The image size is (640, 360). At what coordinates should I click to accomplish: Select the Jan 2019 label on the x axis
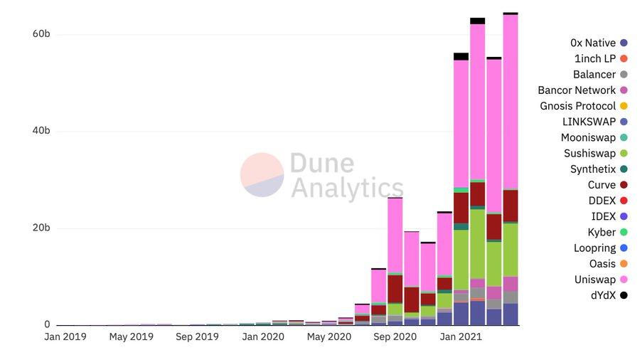pyautogui.click(x=65, y=337)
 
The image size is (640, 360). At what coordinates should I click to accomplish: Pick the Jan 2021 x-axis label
pyautogui.click(x=460, y=337)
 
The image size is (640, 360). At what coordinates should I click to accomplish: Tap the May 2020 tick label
pyautogui.click(x=329, y=337)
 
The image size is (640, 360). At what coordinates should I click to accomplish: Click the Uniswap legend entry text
pyautogui.click(x=594, y=280)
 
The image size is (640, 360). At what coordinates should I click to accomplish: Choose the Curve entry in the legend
pyautogui.click(x=602, y=185)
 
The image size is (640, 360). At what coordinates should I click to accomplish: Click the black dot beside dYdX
pyautogui.click(x=624, y=295)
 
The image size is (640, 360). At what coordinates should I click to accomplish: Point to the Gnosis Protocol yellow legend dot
pyautogui.click(x=624, y=106)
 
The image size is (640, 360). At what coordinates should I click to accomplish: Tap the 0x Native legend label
pyautogui.click(x=593, y=43)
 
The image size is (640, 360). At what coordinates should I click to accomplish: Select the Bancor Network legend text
pyautogui.click(x=577, y=90)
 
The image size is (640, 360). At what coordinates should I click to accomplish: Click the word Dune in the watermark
pyautogui.click(x=321, y=164)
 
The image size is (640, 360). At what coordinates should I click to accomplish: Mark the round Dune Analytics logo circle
pyautogui.click(x=262, y=175)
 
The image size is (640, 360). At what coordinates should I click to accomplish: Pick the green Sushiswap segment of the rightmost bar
pyautogui.click(x=511, y=249)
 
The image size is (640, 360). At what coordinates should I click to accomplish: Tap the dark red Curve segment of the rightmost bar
pyautogui.click(x=511, y=206)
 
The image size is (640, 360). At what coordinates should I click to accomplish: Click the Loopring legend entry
pyautogui.click(x=594, y=248)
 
